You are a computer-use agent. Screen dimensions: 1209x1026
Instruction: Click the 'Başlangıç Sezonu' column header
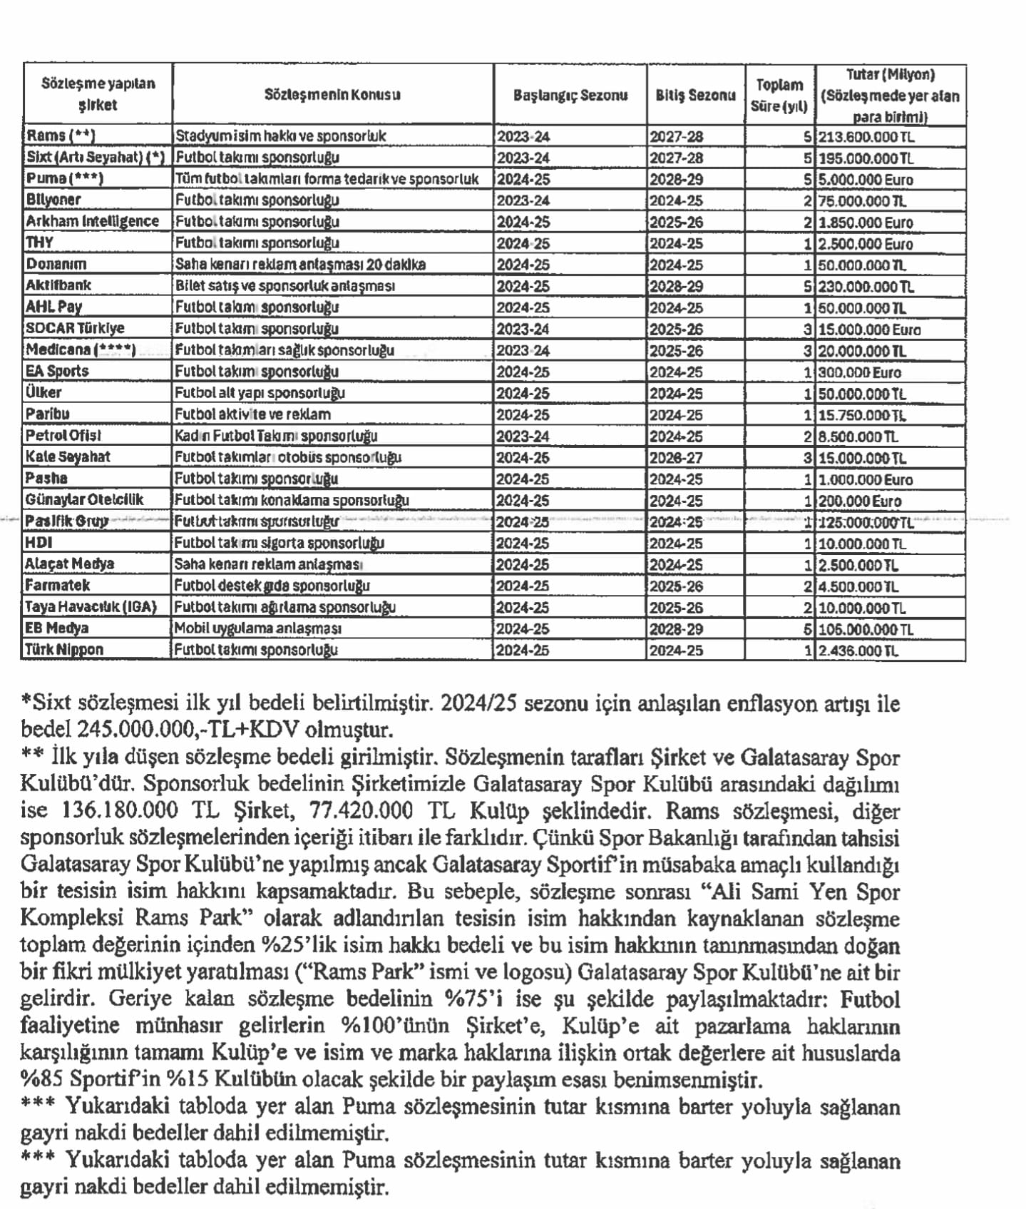pyautogui.click(x=570, y=95)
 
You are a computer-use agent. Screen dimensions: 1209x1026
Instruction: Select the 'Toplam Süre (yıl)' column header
pyautogui.click(x=779, y=95)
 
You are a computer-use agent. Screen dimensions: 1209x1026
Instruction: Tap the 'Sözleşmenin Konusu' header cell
pyautogui.click(x=332, y=94)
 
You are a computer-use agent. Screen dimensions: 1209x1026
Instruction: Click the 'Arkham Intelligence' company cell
pyautogui.click(x=93, y=221)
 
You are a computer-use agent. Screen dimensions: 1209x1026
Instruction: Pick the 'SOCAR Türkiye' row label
pyautogui.click(x=75, y=328)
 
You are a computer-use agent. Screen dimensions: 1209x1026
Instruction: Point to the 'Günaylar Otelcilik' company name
pyautogui.click(x=84, y=499)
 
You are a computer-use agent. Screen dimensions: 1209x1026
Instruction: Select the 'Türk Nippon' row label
pyautogui.click(x=64, y=649)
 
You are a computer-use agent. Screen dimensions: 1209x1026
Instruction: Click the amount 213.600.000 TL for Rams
pyautogui.click(x=866, y=137)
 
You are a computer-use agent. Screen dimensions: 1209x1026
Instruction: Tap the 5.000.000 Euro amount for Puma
pyautogui.click(x=866, y=179)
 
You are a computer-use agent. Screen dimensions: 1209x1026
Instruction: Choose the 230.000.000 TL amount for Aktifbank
pyautogui.click(x=866, y=286)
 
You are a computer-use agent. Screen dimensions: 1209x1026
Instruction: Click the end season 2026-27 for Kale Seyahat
pyautogui.click(x=675, y=457)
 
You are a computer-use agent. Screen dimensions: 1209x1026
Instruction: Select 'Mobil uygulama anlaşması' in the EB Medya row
pyautogui.click(x=257, y=628)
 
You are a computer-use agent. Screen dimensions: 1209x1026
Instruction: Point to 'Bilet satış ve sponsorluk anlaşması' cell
pyautogui.click(x=284, y=285)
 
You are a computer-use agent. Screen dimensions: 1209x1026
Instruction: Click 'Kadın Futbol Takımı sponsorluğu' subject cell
pyautogui.click(x=276, y=435)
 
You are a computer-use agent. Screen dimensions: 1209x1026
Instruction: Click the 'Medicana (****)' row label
pyautogui.click(x=80, y=350)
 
